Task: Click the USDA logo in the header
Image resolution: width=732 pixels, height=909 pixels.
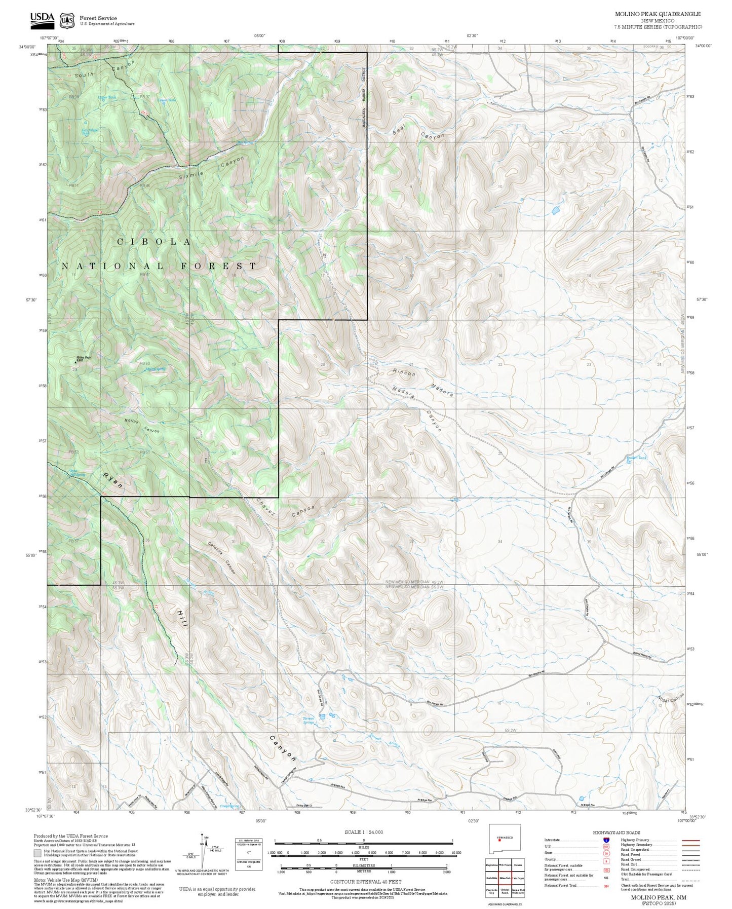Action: [x=42, y=18]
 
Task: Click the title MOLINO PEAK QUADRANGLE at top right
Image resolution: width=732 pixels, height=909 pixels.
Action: [x=658, y=14]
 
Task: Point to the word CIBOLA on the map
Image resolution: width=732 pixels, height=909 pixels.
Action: [x=154, y=242]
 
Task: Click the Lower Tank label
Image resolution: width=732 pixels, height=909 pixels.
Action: [x=167, y=100]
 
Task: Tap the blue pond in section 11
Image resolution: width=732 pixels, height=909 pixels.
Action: [x=556, y=209]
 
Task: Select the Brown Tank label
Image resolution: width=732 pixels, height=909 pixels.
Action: [x=636, y=458]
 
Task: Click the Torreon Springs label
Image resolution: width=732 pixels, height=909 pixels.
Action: [x=308, y=719]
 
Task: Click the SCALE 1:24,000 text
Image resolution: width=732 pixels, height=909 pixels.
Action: [x=363, y=832]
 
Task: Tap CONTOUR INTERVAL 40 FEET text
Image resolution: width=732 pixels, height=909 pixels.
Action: [x=365, y=882]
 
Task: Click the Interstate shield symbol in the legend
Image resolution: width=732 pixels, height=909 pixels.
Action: [x=606, y=840]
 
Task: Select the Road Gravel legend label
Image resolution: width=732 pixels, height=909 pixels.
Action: [x=630, y=859]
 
